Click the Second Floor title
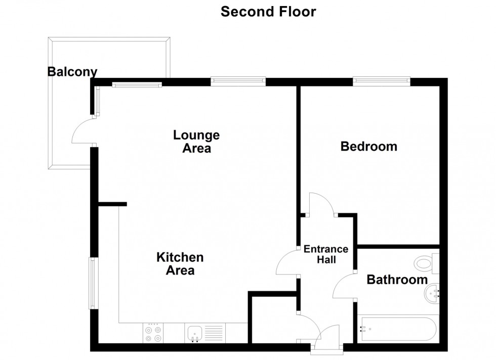[268, 12]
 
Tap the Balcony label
[72, 72]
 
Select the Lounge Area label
[196, 142]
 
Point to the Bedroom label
[369, 146]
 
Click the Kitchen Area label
[180, 264]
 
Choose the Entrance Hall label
[326, 254]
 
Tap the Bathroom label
[397, 280]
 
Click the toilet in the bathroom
[427, 263]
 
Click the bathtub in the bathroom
[398, 328]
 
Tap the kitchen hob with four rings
[153, 333]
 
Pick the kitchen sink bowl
[195, 333]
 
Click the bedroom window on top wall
[382, 81]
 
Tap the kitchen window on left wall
[92, 283]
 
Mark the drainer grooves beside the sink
[214, 333]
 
